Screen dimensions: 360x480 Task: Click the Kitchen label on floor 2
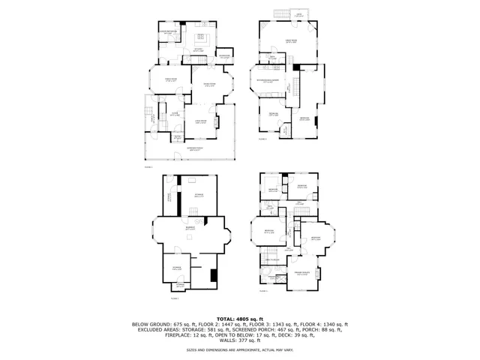200,49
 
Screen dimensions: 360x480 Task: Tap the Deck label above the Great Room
298,15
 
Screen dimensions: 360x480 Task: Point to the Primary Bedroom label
302,274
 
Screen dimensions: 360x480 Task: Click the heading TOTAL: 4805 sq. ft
240,318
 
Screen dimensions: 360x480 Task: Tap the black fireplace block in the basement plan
214,274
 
